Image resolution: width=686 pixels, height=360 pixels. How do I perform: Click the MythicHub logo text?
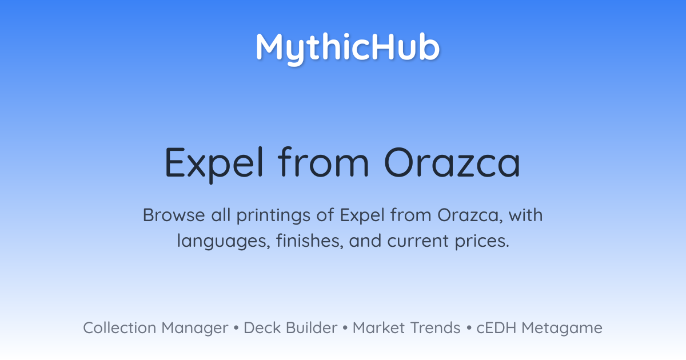click(x=348, y=49)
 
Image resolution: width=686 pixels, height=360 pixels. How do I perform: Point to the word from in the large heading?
click(x=324, y=162)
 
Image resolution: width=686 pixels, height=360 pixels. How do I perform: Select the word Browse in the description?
click(x=174, y=215)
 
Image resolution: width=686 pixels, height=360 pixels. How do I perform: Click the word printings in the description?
click(x=273, y=217)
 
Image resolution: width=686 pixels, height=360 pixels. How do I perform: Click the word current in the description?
click(x=418, y=241)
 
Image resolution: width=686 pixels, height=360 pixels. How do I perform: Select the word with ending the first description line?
click(x=525, y=215)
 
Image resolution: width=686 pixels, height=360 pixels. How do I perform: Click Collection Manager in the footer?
click(x=155, y=329)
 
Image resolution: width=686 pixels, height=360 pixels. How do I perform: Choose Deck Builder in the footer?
click(x=290, y=328)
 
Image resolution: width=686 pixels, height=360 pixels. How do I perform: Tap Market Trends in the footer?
click(x=406, y=328)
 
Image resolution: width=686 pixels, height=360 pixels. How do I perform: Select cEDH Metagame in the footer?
click(x=539, y=329)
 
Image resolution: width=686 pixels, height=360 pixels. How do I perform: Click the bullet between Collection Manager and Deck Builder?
click(x=236, y=328)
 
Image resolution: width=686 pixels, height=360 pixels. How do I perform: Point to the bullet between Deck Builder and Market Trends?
click(x=345, y=328)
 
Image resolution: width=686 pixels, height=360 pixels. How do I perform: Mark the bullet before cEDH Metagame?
click(x=469, y=328)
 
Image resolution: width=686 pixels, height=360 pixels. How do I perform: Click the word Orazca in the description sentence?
click(x=470, y=215)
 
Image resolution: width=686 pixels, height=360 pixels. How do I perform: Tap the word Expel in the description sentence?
click(x=362, y=217)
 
